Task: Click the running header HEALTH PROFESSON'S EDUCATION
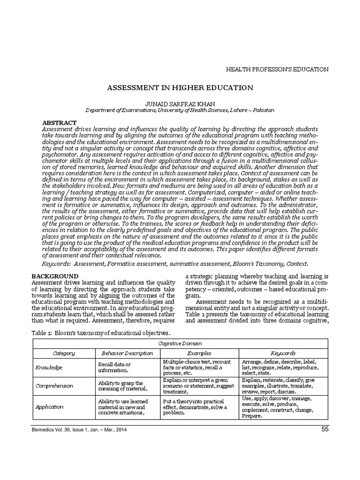point(277,69)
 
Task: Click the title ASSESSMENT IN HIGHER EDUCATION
point(180,88)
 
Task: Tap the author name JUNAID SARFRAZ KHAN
point(180,103)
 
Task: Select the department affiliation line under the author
point(180,110)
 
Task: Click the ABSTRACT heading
point(60,122)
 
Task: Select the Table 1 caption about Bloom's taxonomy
point(100,332)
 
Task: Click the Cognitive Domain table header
point(180,343)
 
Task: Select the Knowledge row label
point(49,368)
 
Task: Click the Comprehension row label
point(54,386)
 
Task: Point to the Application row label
point(50,406)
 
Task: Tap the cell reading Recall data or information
point(115,367)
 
